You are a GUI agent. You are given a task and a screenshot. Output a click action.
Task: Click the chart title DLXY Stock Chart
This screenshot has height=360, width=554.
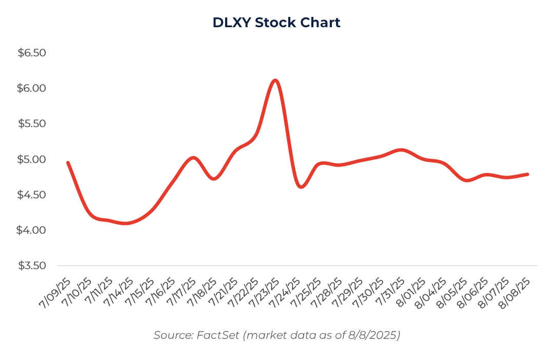click(276, 23)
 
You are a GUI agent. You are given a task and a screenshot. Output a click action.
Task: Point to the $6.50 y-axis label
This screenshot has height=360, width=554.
click(32, 53)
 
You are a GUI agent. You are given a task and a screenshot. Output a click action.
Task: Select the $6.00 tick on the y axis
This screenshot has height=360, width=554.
click(32, 88)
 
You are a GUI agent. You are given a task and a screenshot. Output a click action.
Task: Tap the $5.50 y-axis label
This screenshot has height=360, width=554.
click(32, 124)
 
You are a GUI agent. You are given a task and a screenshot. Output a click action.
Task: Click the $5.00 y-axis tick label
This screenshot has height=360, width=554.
click(32, 159)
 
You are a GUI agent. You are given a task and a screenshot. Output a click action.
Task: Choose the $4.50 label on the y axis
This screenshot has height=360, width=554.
click(32, 195)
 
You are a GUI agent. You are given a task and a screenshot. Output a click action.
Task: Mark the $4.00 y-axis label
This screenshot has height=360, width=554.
click(32, 230)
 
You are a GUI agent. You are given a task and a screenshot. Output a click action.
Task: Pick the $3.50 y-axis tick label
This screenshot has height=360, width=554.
click(32, 266)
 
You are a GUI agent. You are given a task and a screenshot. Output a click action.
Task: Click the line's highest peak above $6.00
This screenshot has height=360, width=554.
click(275, 80)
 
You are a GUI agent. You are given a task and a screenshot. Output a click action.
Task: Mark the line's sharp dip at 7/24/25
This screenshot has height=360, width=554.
click(301, 187)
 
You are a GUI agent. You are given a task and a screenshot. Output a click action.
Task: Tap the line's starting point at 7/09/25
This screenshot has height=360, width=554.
click(68, 163)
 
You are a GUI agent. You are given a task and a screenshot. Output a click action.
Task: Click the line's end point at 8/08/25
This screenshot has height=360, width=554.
click(527, 174)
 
